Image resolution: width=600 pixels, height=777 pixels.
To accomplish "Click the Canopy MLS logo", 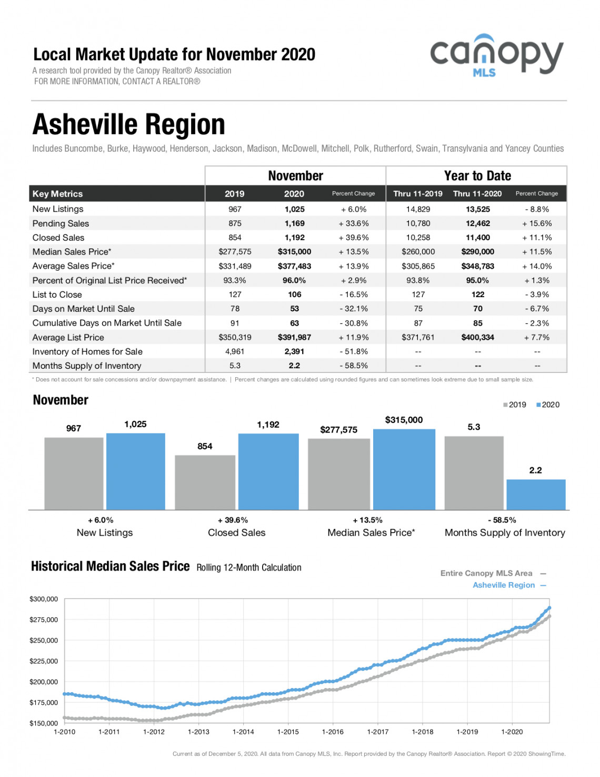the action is (496, 55).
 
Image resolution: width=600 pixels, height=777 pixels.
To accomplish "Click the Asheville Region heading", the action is (128, 124).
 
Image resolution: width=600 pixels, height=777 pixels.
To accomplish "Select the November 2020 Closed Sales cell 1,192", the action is (294, 238).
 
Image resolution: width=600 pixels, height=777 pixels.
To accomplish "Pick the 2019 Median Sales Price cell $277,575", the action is (235, 252).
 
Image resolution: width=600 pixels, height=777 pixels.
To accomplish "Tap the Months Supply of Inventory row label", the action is (87, 366).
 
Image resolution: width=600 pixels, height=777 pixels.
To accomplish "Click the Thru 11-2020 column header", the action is (477, 194).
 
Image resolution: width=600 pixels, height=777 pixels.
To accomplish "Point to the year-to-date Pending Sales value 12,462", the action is (478, 223).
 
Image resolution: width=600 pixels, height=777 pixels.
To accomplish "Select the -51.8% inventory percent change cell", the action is (354, 351).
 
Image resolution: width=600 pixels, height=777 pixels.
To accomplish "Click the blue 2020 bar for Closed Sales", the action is (268, 471).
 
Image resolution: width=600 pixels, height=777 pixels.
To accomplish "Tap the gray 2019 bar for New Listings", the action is (74, 474).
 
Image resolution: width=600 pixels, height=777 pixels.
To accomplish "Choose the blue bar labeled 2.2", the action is (536, 495).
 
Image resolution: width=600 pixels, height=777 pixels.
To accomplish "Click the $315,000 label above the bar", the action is (404, 420).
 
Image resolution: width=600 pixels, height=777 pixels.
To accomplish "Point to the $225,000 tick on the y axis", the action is (44, 661).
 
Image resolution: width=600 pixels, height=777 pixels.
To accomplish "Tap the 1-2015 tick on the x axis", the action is (288, 732).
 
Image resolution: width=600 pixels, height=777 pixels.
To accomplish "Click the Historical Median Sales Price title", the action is (111, 566).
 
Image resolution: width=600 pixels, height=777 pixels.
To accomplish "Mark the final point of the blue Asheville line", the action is (549, 607).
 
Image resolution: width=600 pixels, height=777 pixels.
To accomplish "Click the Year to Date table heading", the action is (477, 175).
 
